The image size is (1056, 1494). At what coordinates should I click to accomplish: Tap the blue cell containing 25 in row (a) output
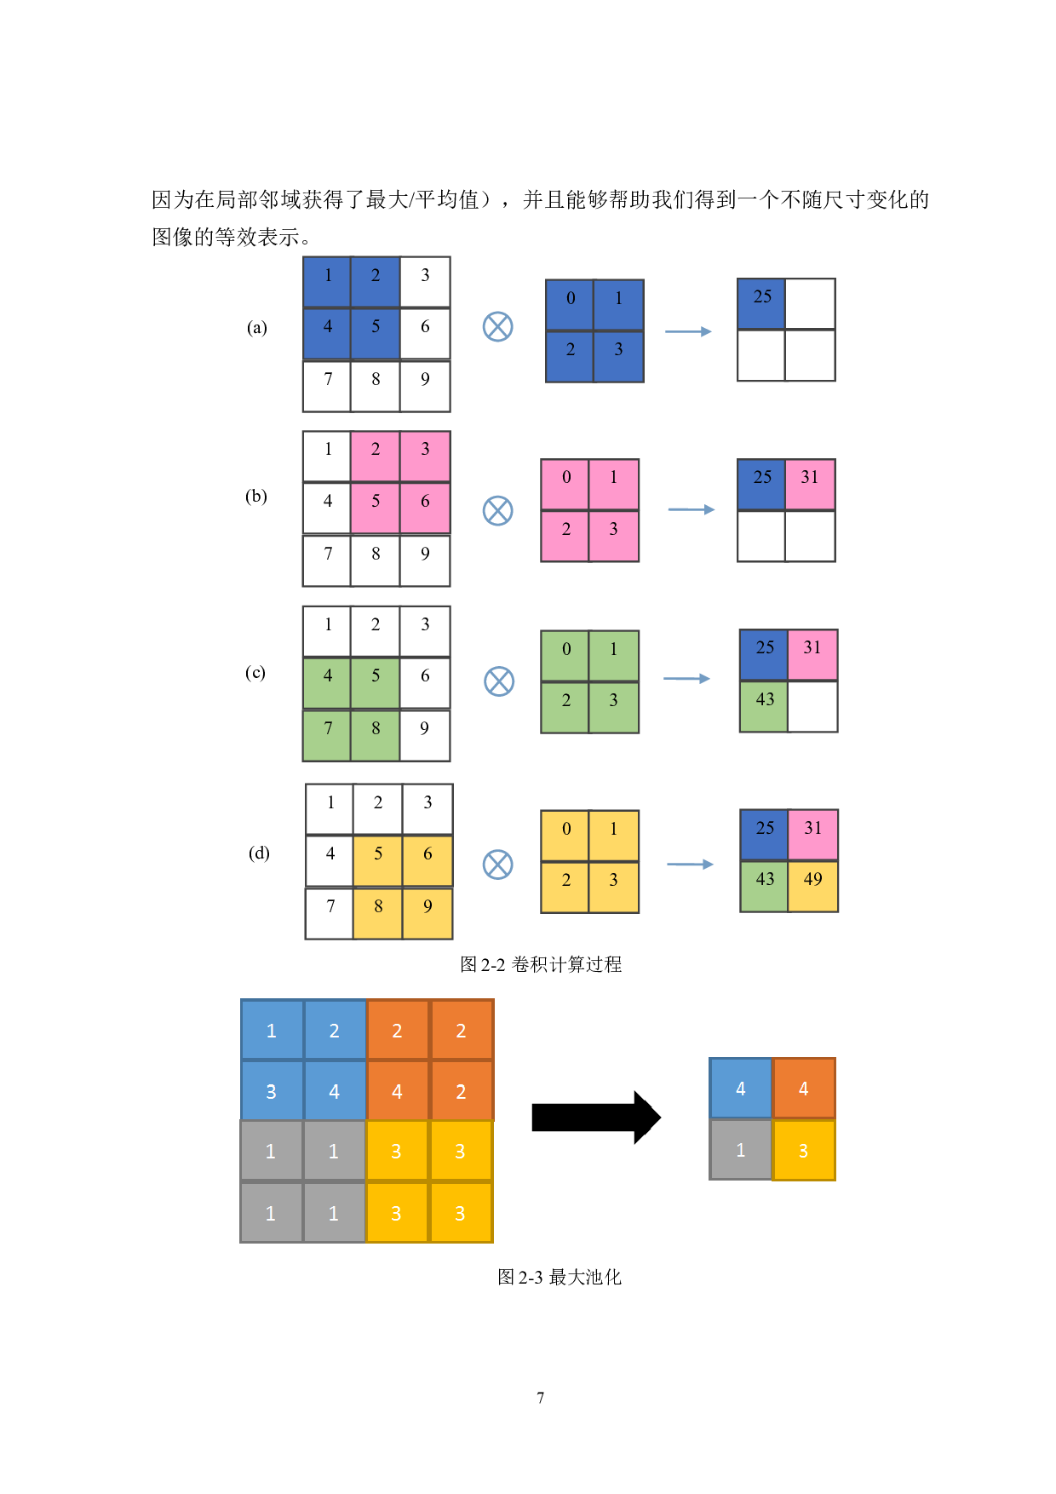760,304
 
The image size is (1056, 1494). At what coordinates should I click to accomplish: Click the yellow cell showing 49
812,886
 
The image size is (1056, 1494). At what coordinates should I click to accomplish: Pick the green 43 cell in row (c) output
764,706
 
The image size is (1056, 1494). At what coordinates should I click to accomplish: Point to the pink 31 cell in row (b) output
810,484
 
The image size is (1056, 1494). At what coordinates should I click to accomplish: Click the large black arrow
595,1117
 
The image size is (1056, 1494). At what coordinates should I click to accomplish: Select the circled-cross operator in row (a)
497,326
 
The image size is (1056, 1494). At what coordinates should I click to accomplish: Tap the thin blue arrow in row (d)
690,864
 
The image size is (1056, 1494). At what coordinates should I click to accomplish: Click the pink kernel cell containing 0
565,485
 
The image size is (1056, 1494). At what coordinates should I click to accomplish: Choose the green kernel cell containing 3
613,707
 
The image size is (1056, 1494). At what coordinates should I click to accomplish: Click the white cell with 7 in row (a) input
327,386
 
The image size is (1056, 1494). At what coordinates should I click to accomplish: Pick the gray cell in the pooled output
740,1150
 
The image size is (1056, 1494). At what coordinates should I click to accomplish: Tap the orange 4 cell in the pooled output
803,1089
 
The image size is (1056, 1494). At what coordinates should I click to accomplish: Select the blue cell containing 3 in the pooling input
272,1091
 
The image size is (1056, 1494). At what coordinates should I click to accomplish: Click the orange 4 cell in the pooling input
398,1091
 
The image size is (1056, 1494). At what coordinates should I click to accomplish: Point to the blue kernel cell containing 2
570,356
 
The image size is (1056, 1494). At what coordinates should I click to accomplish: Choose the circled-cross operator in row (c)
499,681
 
